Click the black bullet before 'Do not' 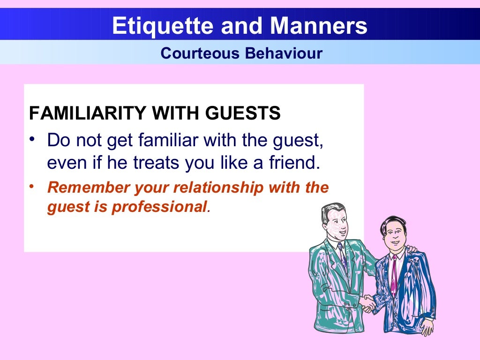pos(32,139)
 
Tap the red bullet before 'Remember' pos(32,187)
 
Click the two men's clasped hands pos(368,303)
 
